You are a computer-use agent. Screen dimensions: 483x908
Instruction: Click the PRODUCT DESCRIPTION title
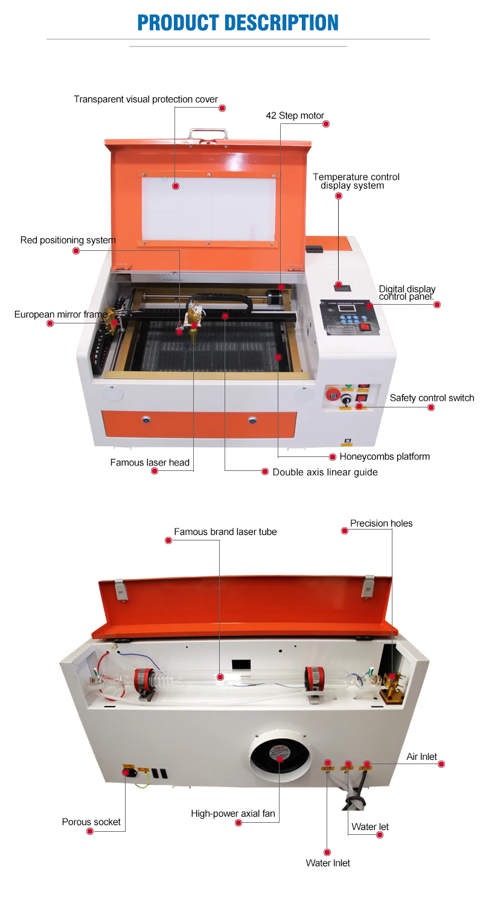[238, 22]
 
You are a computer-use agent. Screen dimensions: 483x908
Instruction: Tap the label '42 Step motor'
[295, 115]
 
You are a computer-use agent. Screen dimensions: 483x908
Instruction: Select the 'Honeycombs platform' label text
[385, 456]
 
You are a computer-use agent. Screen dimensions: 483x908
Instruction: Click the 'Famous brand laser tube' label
[225, 532]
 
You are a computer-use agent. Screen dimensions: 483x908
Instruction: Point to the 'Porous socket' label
[91, 822]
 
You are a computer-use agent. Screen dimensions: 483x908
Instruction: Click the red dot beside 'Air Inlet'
[441, 764]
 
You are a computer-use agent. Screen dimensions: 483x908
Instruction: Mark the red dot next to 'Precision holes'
[345, 531]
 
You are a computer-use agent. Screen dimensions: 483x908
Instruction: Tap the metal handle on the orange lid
[208, 134]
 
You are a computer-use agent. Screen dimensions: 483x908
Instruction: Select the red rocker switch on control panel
[364, 327]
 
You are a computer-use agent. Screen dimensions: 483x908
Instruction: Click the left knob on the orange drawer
[145, 418]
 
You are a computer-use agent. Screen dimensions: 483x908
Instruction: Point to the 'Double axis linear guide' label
[325, 472]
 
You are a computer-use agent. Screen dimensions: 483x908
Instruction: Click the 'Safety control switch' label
[432, 398]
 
